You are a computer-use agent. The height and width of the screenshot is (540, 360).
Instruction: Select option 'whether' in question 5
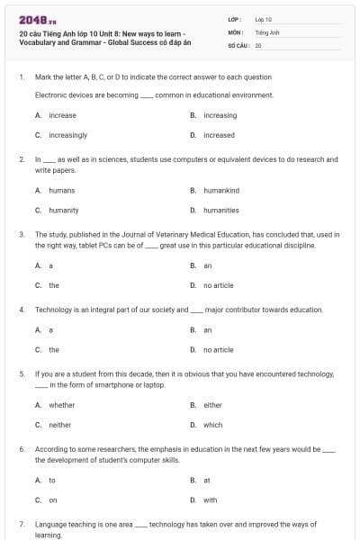(x=61, y=405)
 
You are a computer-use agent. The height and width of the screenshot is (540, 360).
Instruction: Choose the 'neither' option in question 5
(x=59, y=425)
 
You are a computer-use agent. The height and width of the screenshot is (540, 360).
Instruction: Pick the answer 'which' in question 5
(x=212, y=425)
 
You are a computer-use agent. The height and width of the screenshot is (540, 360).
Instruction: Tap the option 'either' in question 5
(x=212, y=405)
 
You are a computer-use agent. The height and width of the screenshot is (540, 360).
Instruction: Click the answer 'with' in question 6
(x=210, y=499)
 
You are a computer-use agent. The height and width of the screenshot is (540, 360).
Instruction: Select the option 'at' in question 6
(x=207, y=480)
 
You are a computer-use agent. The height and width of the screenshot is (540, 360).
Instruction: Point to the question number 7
(x=21, y=523)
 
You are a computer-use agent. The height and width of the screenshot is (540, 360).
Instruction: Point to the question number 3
(x=21, y=234)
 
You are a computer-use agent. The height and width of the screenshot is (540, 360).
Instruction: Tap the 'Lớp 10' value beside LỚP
(x=263, y=19)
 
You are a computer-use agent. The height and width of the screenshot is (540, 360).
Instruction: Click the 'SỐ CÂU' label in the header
(x=238, y=44)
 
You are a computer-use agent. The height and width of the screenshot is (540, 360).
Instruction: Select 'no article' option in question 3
(x=218, y=285)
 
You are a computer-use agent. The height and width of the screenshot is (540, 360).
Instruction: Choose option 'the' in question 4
(x=54, y=349)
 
